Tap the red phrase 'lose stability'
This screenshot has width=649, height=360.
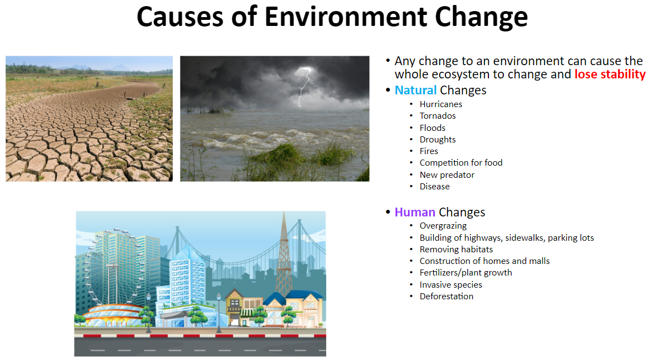point(610,74)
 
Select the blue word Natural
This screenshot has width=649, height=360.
point(416,90)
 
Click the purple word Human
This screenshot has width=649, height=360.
point(415,212)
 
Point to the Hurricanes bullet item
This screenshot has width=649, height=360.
point(441,104)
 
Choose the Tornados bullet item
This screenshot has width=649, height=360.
point(438,115)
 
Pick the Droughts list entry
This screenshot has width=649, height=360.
point(438,140)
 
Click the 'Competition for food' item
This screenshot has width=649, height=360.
point(461,163)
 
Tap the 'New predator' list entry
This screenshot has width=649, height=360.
point(447,175)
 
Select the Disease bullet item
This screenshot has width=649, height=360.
point(435,187)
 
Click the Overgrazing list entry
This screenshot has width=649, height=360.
point(443,226)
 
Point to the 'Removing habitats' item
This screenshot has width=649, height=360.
point(456,250)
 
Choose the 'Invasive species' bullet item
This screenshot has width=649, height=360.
point(451,284)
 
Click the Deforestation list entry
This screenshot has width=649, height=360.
point(446,296)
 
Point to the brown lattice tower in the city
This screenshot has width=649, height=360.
point(284,257)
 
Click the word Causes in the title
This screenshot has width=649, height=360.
point(180,17)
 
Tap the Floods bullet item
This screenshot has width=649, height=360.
point(433,128)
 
